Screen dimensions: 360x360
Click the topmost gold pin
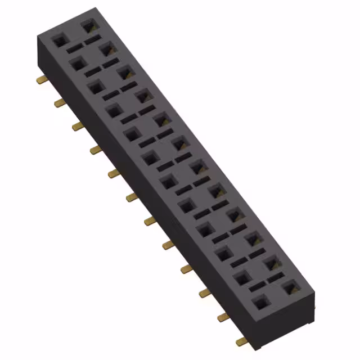41,80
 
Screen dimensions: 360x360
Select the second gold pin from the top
59,102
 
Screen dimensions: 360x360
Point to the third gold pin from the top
78,126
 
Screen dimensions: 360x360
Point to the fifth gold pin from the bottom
168,245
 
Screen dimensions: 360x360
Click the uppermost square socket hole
88,25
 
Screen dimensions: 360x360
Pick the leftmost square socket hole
58,41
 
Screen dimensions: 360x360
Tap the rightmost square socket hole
290,287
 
